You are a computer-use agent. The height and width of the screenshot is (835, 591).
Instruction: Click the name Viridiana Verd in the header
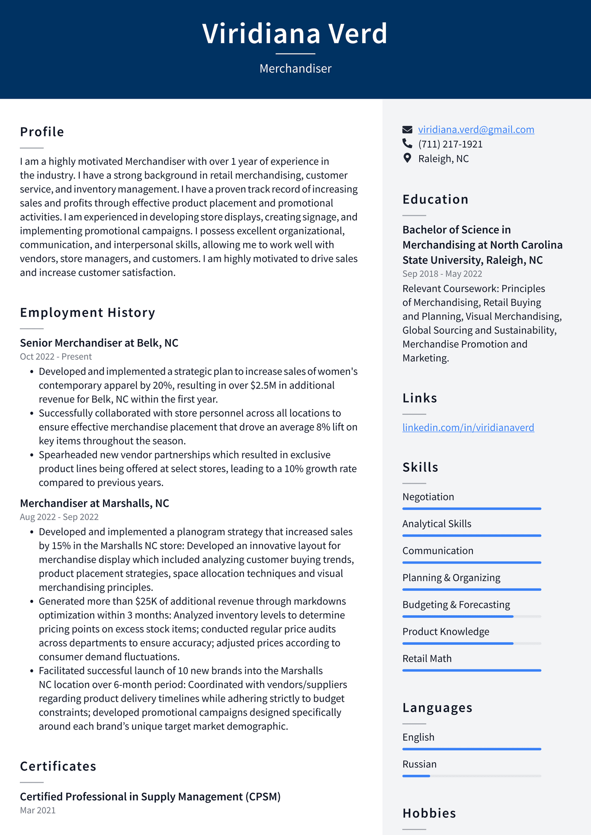click(x=295, y=34)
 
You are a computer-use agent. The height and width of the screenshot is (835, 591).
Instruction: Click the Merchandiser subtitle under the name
click(x=295, y=68)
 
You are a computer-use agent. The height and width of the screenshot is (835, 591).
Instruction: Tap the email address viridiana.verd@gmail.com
click(x=476, y=130)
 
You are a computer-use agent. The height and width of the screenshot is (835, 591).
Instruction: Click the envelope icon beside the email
click(x=407, y=130)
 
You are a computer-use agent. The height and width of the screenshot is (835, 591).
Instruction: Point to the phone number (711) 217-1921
click(x=450, y=144)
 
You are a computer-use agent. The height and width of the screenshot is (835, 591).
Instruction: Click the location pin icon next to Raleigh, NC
click(x=407, y=158)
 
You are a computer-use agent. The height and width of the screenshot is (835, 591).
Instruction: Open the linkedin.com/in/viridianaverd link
click(x=468, y=428)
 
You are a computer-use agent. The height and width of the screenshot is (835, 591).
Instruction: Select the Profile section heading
click(x=42, y=132)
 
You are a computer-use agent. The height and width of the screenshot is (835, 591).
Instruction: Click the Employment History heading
click(x=87, y=313)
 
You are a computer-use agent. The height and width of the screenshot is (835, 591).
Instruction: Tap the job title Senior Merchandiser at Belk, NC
click(x=99, y=343)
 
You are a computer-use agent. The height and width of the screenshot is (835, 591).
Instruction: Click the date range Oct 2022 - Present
click(x=56, y=357)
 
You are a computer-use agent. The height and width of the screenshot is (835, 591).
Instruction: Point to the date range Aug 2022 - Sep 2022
click(x=59, y=517)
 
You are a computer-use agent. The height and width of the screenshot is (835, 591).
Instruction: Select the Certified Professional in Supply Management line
click(x=150, y=797)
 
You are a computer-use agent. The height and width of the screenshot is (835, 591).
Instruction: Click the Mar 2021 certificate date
click(x=38, y=810)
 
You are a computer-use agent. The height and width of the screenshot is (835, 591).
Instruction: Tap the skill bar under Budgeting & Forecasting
click(x=472, y=616)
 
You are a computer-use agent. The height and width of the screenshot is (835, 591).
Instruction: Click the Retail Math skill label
click(x=427, y=659)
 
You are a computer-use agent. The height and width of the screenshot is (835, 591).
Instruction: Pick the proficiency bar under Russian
click(x=472, y=776)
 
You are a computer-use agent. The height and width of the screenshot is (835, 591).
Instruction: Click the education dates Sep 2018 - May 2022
click(x=442, y=274)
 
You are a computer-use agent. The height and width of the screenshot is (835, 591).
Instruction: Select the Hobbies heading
click(x=429, y=813)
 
